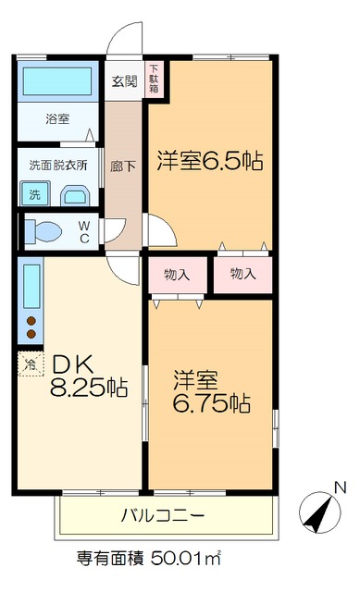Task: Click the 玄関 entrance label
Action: pyautogui.click(x=124, y=80)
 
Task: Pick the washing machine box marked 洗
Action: pyautogui.click(x=33, y=194)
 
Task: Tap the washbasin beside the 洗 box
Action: pyautogui.click(x=74, y=195)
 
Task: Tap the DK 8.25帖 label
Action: pyautogui.click(x=88, y=375)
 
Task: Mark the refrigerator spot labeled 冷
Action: pyautogui.click(x=29, y=364)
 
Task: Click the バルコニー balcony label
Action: pyautogui.click(x=163, y=514)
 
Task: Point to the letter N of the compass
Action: pyautogui.click(x=339, y=488)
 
